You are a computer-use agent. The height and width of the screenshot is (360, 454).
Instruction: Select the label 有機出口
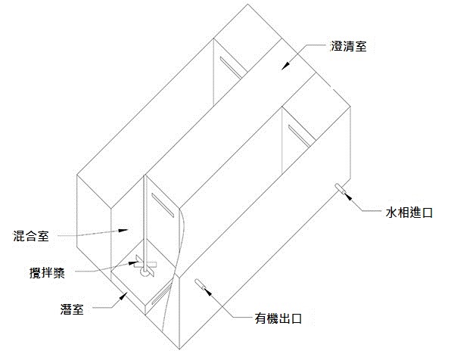(278, 318)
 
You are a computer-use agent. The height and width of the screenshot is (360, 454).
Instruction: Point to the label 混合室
(32, 236)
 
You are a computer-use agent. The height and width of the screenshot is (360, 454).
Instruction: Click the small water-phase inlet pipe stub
(339, 188)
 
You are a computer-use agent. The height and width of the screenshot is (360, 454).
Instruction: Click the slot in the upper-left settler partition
(229, 67)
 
